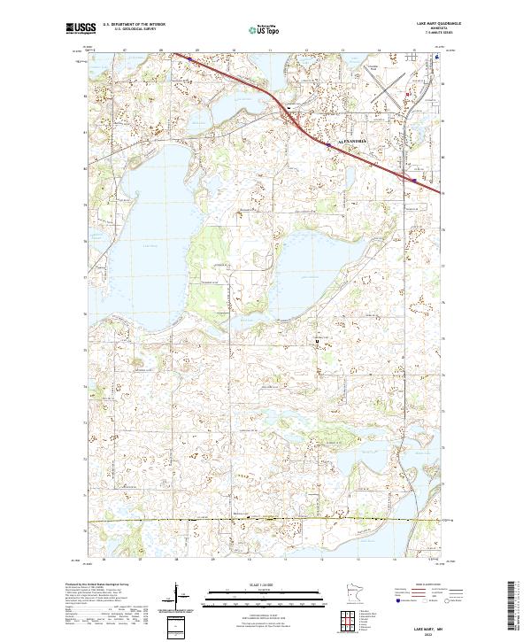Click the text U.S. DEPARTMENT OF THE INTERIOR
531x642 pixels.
tap(134, 24)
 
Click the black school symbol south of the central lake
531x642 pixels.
tap(317, 339)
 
